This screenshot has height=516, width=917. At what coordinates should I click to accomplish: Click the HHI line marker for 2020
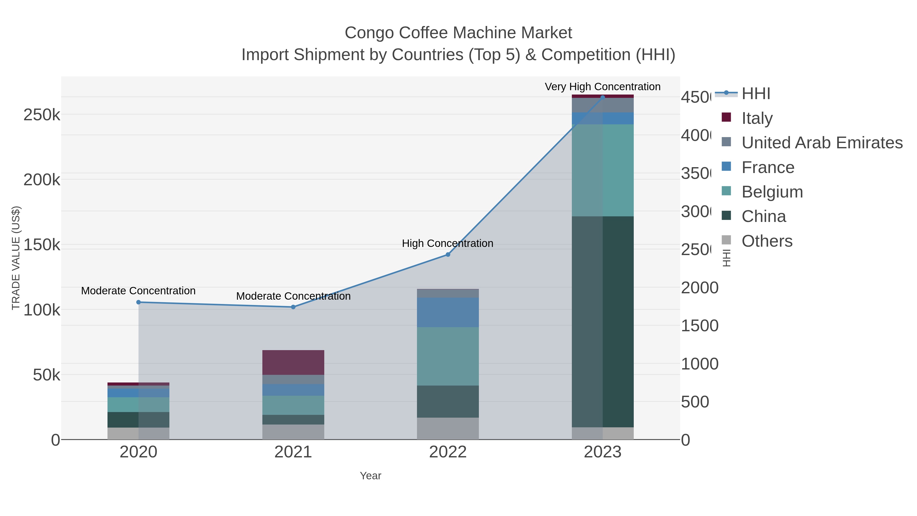[139, 302]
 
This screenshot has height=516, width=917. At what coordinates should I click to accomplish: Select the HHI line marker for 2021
[293, 307]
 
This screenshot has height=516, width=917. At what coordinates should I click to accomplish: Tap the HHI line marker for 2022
[448, 255]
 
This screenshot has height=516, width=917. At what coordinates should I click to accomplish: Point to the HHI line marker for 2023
[603, 97]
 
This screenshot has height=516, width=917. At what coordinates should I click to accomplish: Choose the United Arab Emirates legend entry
[822, 142]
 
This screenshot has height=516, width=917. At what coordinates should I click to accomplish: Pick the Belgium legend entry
[772, 192]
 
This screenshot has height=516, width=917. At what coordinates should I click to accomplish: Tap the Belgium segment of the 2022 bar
[448, 356]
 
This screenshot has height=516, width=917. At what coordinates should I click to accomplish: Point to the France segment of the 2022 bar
[448, 312]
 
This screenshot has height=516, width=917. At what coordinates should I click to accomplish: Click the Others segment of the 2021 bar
[293, 432]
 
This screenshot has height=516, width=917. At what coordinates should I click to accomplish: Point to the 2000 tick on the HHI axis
[699, 288]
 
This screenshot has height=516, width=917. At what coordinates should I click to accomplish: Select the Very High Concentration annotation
[603, 87]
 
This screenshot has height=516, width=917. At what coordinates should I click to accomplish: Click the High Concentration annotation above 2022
[448, 243]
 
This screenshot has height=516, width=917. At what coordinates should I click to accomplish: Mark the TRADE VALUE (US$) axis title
[16, 258]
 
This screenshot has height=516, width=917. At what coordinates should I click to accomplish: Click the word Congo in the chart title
[369, 33]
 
